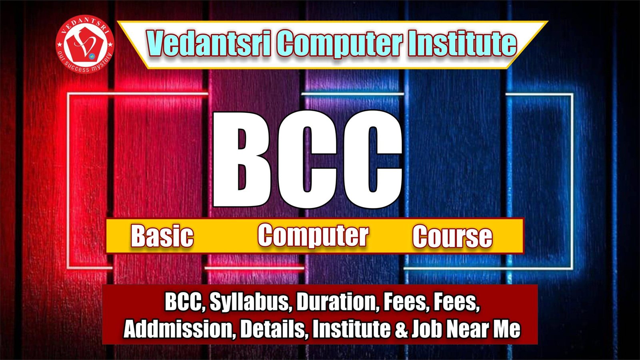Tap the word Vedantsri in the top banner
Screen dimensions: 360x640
(x=209, y=44)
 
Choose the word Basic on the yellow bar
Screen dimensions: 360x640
(x=162, y=236)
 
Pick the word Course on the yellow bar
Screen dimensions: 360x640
(x=452, y=236)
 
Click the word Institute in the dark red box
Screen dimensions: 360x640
(x=351, y=329)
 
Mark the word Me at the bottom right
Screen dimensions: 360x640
(x=507, y=329)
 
